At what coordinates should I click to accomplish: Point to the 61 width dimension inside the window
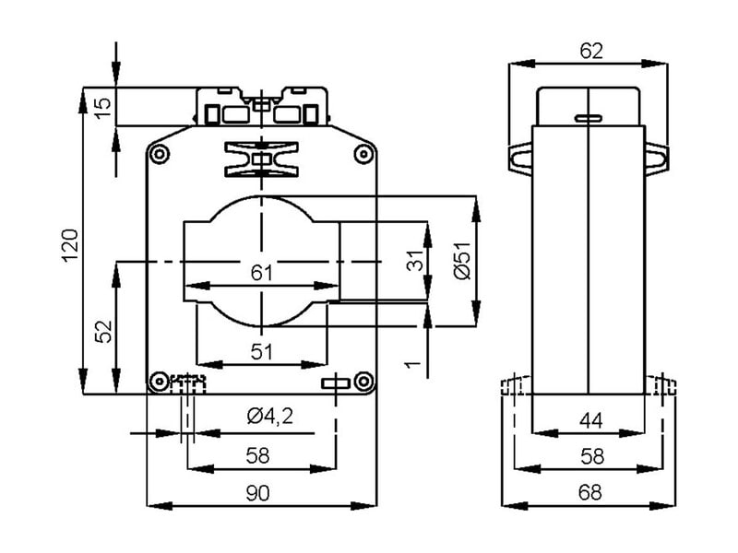click(261, 272)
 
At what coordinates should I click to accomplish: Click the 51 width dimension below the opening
click(262, 350)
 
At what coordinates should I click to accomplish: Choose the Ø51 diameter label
click(462, 261)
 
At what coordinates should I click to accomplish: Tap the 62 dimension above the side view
click(590, 52)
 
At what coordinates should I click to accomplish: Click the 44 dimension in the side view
click(590, 421)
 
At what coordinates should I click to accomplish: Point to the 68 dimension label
click(590, 493)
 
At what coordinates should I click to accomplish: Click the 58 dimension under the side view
click(590, 456)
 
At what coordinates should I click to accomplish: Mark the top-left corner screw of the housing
click(160, 155)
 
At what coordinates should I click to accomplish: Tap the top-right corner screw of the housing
click(363, 155)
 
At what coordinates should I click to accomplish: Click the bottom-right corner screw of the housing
click(363, 380)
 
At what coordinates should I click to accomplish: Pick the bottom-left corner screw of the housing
click(159, 380)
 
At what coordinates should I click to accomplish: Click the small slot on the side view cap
click(587, 119)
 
